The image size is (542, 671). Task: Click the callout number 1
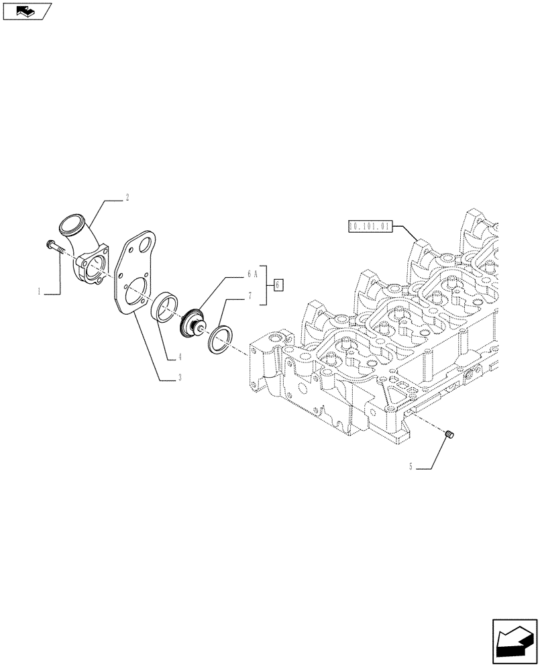point(40,292)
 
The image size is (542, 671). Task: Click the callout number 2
point(127,198)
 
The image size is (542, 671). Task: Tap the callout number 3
point(180,378)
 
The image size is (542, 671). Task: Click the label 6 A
point(252,274)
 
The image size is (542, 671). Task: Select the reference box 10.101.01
point(369,226)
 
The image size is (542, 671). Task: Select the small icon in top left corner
point(27,10)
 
